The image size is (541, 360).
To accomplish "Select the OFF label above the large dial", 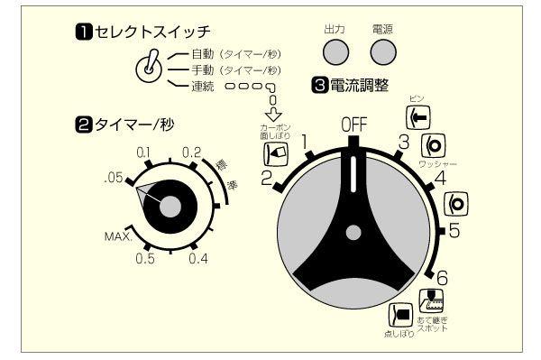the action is (x=354, y=125).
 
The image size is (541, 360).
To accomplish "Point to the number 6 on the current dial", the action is (x=442, y=277).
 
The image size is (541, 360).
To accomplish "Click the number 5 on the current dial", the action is (x=454, y=230).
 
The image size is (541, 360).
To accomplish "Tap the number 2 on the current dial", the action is (x=267, y=178).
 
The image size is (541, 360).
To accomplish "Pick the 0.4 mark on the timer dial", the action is (x=199, y=260).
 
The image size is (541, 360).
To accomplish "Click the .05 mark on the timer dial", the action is (x=113, y=179).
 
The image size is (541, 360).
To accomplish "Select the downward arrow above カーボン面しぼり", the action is (x=276, y=113).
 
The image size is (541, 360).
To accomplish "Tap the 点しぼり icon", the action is (x=400, y=314).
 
